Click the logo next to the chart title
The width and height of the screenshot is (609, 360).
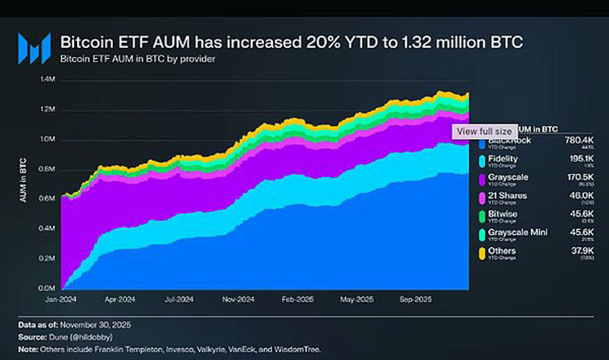pos(34,50)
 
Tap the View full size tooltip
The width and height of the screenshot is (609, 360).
pos(483,130)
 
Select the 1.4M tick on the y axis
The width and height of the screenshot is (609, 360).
pos(47,80)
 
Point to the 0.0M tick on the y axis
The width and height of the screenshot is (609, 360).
pos(47,288)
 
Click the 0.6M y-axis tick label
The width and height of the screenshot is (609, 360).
pos(47,198)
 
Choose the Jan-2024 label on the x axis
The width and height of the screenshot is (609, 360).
pos(66,299)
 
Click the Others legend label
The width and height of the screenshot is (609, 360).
pos(502,251)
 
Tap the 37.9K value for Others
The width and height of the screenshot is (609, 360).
pos(581,251)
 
